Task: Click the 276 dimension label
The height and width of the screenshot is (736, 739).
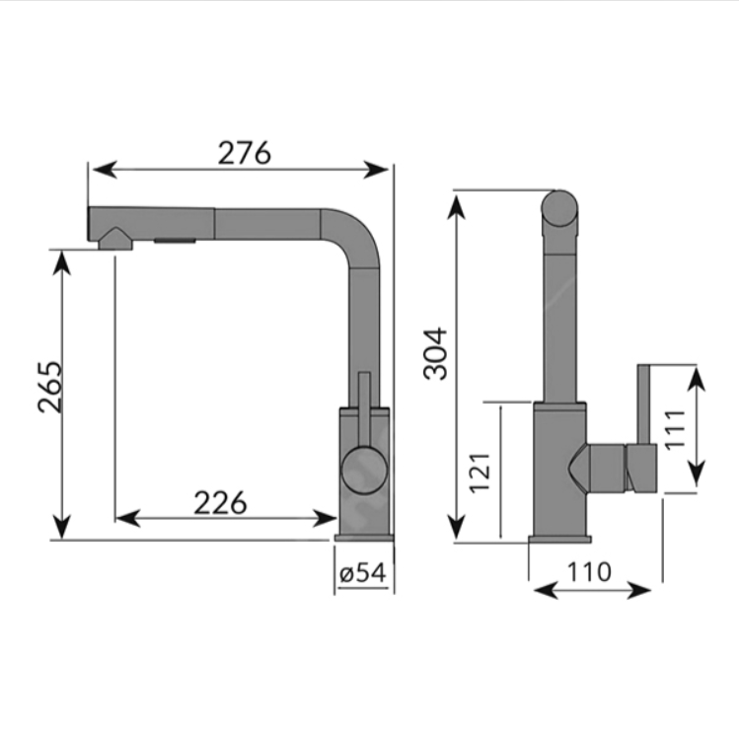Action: (x=244, y=152)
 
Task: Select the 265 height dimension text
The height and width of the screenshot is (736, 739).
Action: (x=50, y=388)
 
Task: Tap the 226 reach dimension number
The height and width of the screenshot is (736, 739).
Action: (x=220, y=503)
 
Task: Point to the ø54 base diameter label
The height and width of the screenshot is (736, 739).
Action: (x=362, y=572)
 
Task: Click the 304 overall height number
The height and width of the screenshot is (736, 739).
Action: (x=435, y=353)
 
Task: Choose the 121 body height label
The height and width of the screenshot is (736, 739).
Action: (x=480, y=473)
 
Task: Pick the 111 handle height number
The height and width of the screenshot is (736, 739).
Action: (x=675, y=430)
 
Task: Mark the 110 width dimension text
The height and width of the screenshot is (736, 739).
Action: (x=589, y=572)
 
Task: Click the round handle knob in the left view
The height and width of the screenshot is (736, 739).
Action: (x=364, y=471)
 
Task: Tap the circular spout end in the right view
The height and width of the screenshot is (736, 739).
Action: (x=559, y=209)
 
